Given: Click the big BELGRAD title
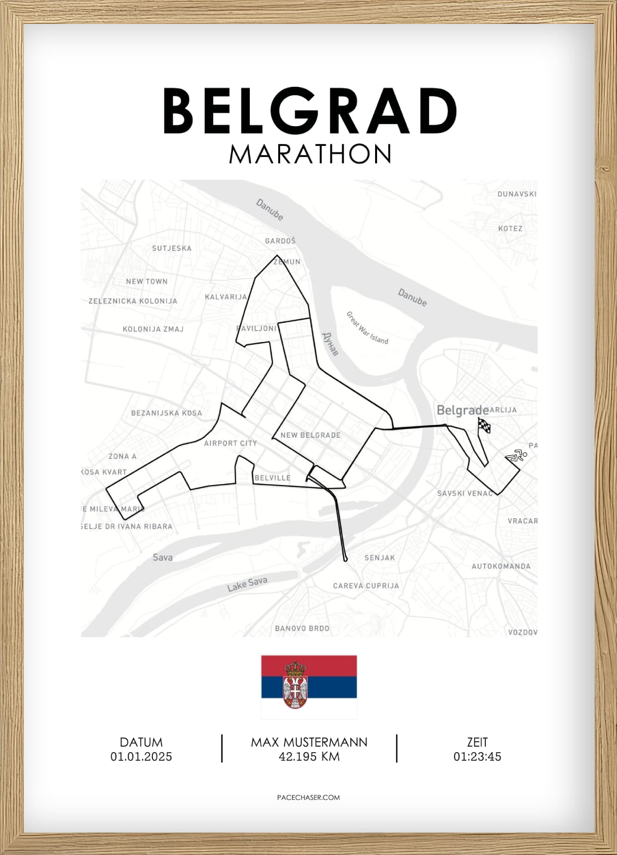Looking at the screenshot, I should coord(309,111).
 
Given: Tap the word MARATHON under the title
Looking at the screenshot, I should coord(310,154).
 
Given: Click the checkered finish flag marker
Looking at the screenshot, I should coord(484,426).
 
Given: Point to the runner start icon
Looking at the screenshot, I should coord(517,455).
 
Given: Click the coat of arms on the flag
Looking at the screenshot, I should coord(295,684).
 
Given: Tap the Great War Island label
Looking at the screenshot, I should coord(367,328).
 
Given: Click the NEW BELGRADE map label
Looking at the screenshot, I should coord(310,435).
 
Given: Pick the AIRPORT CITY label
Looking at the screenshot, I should coord(231,443).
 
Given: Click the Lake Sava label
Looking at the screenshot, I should coord(247,584).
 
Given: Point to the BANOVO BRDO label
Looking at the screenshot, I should coord(302,628).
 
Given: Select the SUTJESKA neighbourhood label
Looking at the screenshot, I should coord(171,248).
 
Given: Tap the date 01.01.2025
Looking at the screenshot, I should coord(141,757).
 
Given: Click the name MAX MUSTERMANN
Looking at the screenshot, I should coord(309,742).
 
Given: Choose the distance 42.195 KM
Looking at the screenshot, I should coord(309,757).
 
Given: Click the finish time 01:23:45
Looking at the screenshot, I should coord(477,757).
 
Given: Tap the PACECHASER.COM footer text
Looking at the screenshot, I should coord(308,797).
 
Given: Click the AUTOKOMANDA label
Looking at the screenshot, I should coord(501,566).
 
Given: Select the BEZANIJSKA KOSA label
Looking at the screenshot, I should coord(166,413).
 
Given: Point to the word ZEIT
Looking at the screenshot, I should coord(477,742).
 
